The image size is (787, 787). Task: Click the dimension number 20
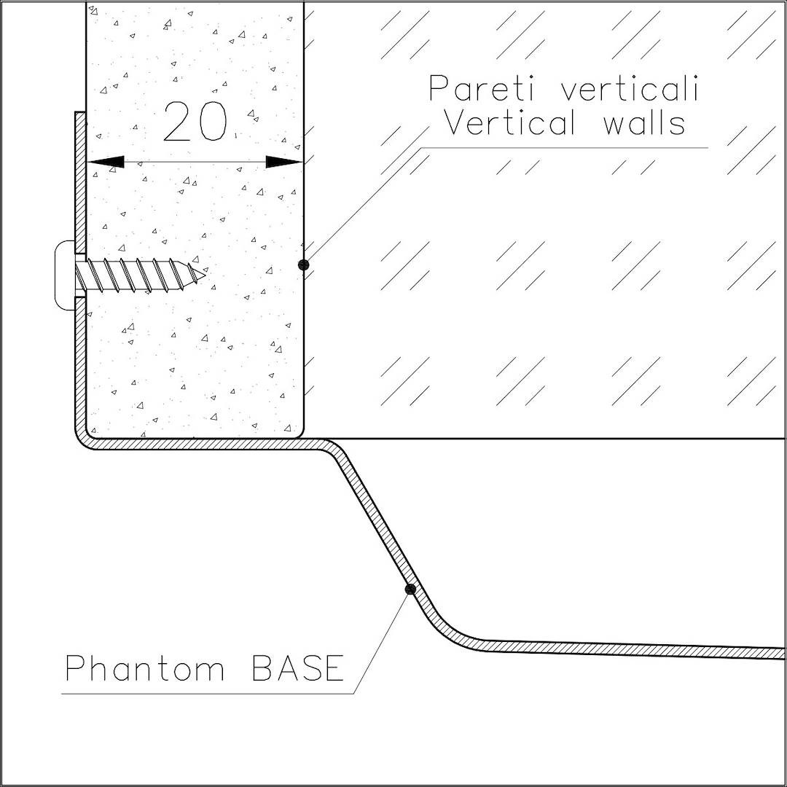coord(195,122)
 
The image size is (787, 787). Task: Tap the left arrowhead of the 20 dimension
coord(106,162)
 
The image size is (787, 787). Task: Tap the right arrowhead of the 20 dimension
coord(284,162)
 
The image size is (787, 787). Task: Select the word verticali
coord(630,88)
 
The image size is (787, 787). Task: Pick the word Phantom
coord(144,668)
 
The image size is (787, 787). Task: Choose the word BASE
coord(297,668)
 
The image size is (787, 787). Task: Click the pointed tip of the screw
coord(205,273)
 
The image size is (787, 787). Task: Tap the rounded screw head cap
coord(64,275)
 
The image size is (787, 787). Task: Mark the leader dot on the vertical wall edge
coord(303,265)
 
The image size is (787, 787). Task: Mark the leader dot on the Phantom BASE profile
coord(410,589)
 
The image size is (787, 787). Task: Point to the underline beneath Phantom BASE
coord(208,694)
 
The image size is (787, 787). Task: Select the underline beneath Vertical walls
coord(564,148)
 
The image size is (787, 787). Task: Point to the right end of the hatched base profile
coord(784,654)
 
